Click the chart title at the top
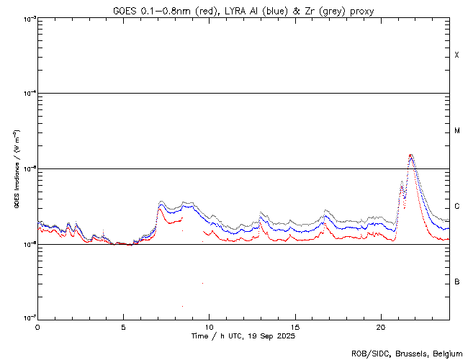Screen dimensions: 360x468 tap(243, 11)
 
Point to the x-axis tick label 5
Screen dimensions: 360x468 tap(123, 326)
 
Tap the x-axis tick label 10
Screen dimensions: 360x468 tap(209, 326)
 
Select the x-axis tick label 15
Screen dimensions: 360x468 tap(295, 326)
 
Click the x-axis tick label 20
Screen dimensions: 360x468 tap(381, 326)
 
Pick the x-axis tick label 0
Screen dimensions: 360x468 tap(37, 326)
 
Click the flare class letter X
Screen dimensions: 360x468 tap(456, 55)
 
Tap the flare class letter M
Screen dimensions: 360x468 tap(456, 131)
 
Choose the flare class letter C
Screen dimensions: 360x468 tap(456, 207)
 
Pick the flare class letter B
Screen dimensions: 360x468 tap(456, 282)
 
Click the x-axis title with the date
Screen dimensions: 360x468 tap(243, 336)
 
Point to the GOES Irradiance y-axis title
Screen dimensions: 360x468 tap(16, 168)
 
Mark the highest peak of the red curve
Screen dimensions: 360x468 tap(410, 155)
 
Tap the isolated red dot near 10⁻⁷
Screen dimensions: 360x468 tap(182, 306)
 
